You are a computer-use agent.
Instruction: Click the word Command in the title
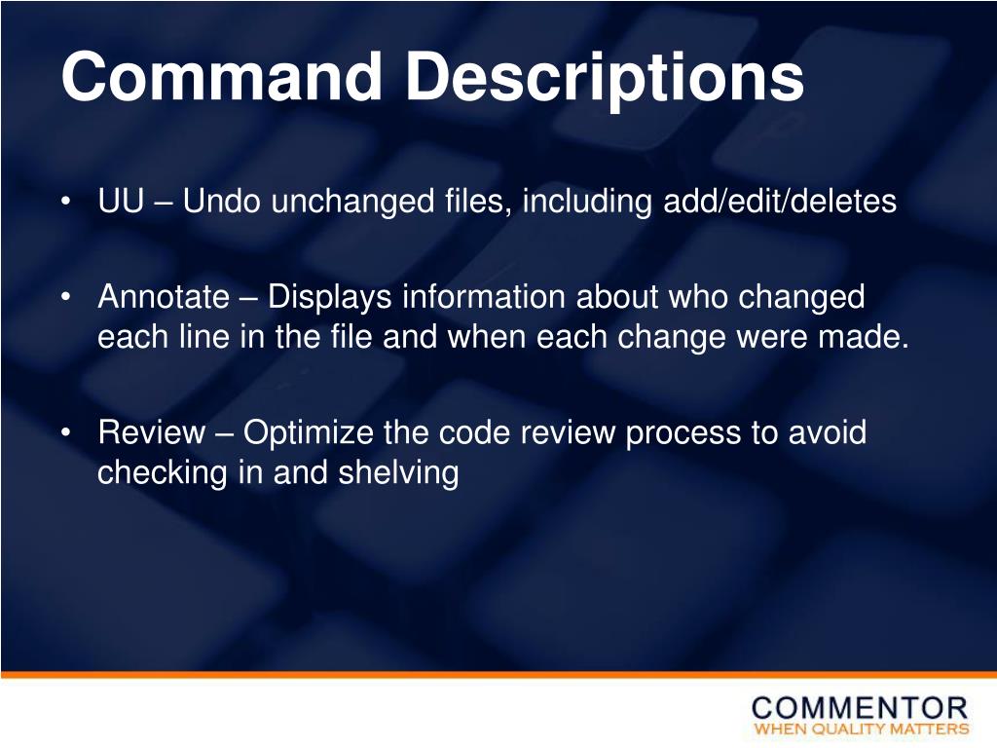[221, 77]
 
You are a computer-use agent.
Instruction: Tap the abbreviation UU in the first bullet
[121, 203]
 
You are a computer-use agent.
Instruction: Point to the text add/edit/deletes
[779, 203]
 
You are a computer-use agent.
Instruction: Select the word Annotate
[164, 297]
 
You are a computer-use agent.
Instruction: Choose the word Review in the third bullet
[152, 431]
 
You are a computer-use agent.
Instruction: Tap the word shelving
[398, 472]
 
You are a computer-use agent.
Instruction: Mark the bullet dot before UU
[64, 203]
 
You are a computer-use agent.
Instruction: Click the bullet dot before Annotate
[64, 297]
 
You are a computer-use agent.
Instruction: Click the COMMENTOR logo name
[860, 708]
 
